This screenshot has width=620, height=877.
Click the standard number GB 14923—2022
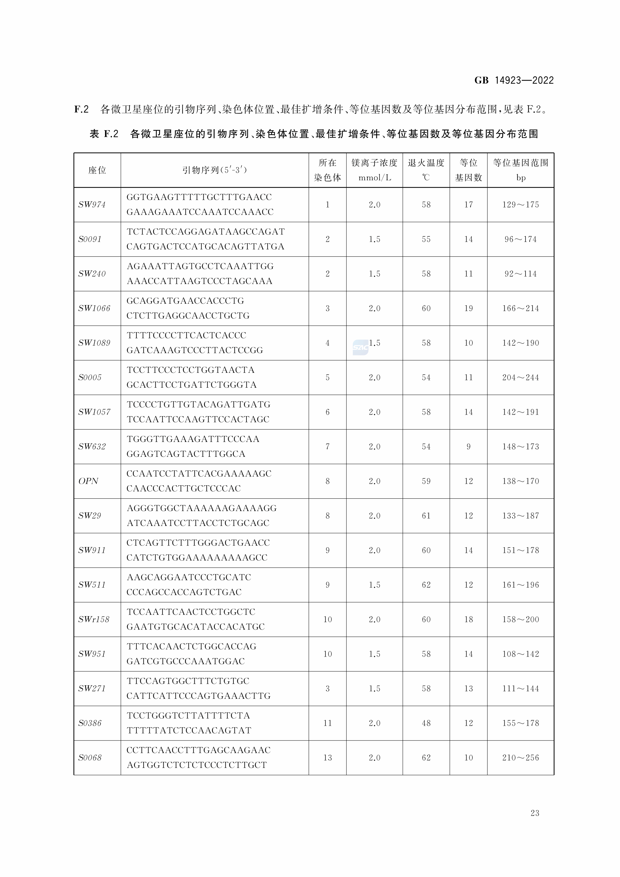[x=514, y=80]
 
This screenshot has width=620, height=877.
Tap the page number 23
[x=535, y=813]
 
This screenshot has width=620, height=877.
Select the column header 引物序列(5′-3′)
[x=215, y=170]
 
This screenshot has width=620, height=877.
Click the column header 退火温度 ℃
[x=426, y=170]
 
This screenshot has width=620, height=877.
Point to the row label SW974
[x=92, y=205]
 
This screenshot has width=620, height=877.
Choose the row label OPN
[x=89, y=481]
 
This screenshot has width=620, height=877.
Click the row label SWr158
[x=94, y=620]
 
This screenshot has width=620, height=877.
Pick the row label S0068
[x=90, y=758]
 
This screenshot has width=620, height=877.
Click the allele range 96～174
[x=520, y=239]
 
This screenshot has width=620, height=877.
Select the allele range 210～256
[x=520, y=758]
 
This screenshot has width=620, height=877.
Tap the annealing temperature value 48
[x=426, y=723]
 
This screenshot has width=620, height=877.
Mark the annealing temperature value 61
[x=426, y=516]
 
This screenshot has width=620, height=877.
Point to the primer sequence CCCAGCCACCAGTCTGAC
[x=184, y=592]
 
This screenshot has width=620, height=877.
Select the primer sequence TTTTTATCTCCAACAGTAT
[x=189, y=731]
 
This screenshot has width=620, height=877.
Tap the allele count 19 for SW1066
[x=468, y=309]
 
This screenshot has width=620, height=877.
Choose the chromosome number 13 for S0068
[x=328, y=758]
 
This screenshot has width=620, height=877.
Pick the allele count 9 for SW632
[x=468, y=447]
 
